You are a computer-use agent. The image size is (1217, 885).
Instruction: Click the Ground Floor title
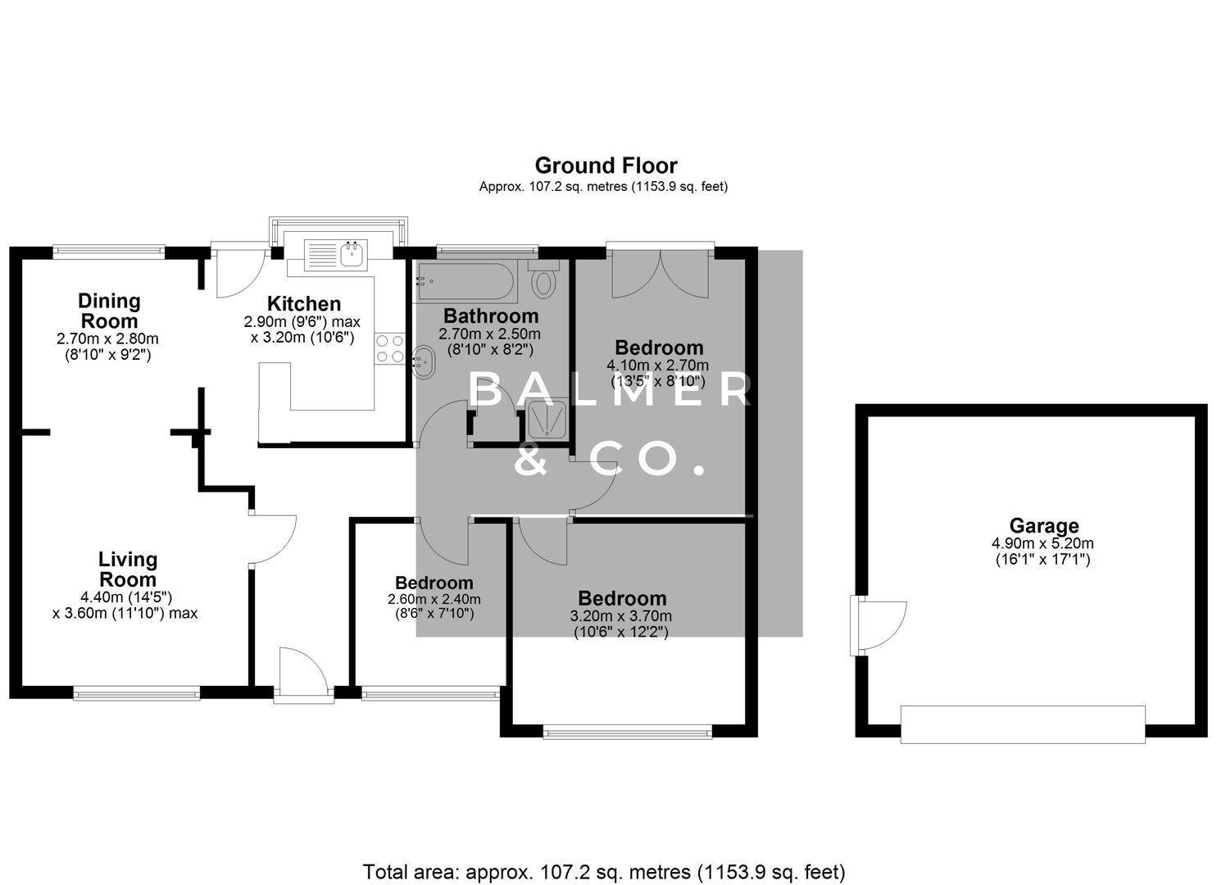tap(606, 166)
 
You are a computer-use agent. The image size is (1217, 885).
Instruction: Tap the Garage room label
tap(1043, 525)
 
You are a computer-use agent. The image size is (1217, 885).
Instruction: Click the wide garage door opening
tap(1022, 724)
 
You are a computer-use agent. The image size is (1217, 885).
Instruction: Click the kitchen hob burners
tap(389, 347)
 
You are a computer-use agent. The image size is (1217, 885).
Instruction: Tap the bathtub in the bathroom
tap(465, 283)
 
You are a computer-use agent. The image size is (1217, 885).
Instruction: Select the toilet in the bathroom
tap(543, 281)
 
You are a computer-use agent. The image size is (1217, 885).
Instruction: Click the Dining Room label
tap(109, 311)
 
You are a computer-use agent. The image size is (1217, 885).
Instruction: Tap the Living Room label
tap(127, 569)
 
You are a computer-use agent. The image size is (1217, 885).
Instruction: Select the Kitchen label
tap(302, 304)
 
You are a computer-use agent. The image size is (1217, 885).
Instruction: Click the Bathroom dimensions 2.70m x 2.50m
tap(489, 334)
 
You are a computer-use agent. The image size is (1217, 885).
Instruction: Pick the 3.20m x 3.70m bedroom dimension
tap(621, 616)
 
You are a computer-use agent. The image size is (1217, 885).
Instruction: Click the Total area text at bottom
tap(604, 871)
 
